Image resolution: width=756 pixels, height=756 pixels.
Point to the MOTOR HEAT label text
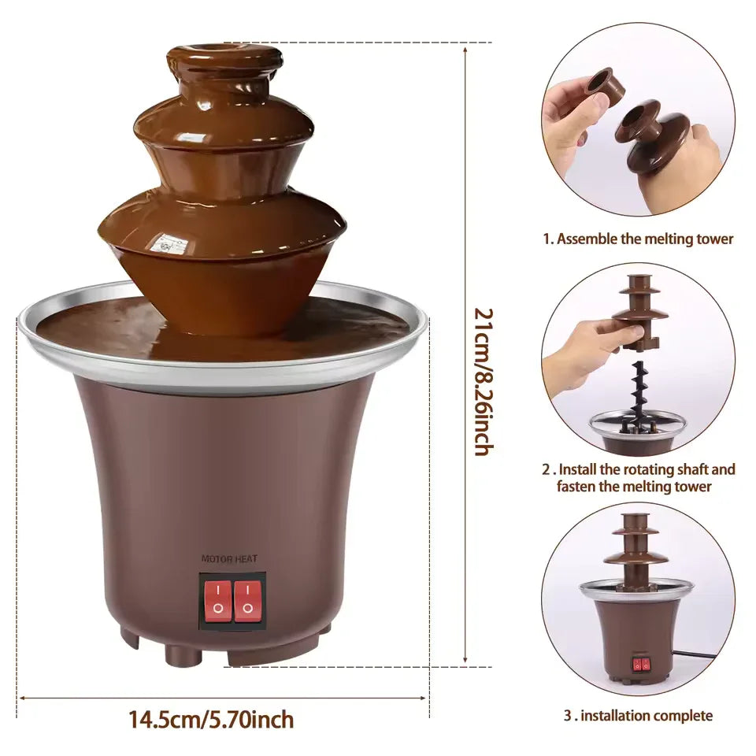coord(229,559)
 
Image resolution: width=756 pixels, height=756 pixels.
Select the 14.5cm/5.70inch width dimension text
coord(211,719)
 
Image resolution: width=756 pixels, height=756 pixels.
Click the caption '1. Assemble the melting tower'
coord(637,239)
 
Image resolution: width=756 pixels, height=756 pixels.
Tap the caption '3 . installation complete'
coord(637,716)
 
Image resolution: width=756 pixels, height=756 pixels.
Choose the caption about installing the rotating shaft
coord(639,478)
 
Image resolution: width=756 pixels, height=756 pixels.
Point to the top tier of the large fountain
coord(224,63)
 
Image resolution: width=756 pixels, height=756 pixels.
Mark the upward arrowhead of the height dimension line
coord(465,49)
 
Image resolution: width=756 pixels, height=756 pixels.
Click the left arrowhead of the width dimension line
coord(22,697)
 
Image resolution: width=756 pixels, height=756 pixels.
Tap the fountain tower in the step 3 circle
coord(635,551)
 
